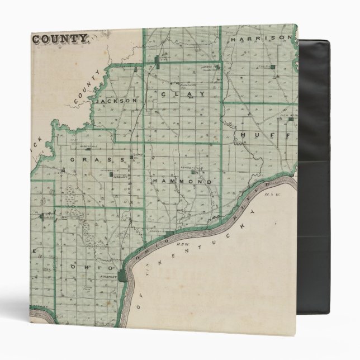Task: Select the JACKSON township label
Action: [116, 101]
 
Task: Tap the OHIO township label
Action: [83, 267]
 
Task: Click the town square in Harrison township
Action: [272, 68]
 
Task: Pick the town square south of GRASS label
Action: [111, 174]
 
